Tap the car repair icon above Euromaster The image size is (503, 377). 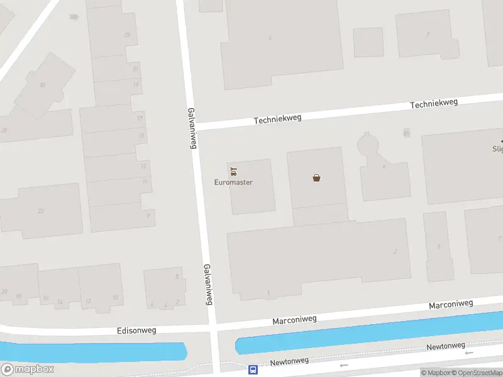pyautogui.click(x=234, y=171)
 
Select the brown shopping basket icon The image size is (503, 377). pyautogui.click(x=317, y=178)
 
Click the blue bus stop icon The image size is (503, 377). pyautogui.click(x=253, y=370)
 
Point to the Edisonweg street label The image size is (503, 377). pyautogui.click(x=136, y=330)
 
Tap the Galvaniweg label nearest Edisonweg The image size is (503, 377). pyautogui.click(x=209, y=284)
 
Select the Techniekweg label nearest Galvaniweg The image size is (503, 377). pyautogui.click(x=277, y=118)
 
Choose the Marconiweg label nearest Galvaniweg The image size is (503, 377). pyautogui.click(x=294, y=320)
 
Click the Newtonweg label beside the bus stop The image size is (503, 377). pyautogui.click(x=290, y=361)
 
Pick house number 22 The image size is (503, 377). pyautogui.click(x=41, y=210)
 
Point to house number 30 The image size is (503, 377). pyautogui.click(x=42, y=85)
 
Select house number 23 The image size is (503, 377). pyautogui.click(x=127, y=35)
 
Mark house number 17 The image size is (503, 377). pyautogui.click(x=140, y=118)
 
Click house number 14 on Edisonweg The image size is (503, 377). pyautogui.click(x=60, y=302)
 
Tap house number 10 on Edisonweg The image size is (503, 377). pyautogui.click(x=115, y=297)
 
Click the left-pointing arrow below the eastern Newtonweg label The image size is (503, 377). pyautogui.click(x=469, y=353)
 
